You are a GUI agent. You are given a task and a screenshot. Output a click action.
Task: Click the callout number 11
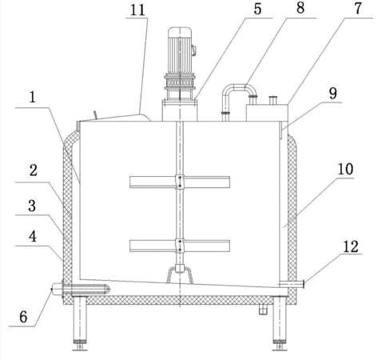click(x=137, y=10)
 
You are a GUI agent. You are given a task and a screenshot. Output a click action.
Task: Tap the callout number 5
click(x=257, y=9)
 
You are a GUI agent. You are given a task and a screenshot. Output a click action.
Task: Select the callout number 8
click(x=300, y=8)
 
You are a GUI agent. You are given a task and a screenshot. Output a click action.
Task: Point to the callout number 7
click(x=358, y=9)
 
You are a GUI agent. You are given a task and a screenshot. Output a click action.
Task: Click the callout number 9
click(x=333, y=94)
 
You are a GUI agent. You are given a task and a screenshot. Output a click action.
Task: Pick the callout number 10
click(x=345, y=170)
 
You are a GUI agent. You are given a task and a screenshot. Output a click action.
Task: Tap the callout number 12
click(x=351, y=246)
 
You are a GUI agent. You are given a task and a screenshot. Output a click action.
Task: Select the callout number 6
click(x=23, y=317)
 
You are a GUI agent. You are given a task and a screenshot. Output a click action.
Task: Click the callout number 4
click(x=33, y=237)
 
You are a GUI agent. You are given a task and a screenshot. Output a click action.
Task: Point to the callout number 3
click(x=32, y=206)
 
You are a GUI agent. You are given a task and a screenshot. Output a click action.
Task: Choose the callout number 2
click(x=33, y=170)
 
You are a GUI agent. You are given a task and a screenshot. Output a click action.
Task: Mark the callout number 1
click(x=33, y=98)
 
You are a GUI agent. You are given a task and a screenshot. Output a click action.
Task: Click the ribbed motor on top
click(x=180, y=50)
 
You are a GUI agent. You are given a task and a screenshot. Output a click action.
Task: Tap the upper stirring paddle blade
click(x=180, y=182)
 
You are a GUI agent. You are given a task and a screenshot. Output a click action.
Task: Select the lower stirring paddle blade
click(x=180, y=246)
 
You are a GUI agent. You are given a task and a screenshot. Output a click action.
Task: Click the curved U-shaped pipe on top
click(x=239, y=87)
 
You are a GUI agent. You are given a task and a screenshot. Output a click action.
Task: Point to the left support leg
click(x=80, y=321)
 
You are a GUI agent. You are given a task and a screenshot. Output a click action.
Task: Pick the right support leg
click(x=280, y=321)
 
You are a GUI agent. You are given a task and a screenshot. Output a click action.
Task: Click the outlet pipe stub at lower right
click(x=291, y=284)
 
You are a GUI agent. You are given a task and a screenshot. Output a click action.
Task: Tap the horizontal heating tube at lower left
click(x=81, y=290)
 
